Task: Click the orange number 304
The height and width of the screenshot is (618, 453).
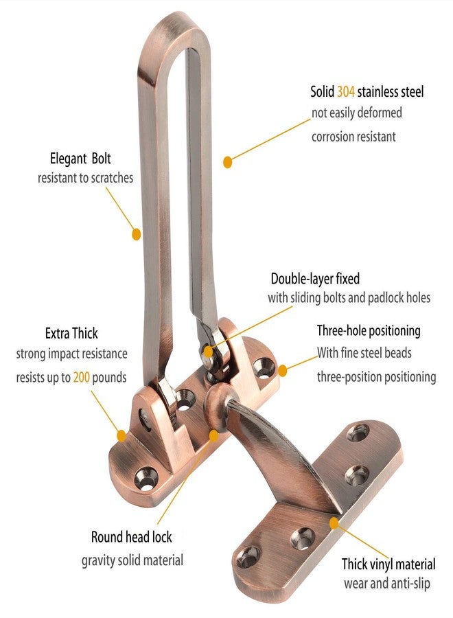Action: coord(346,92)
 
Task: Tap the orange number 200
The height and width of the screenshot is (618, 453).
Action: coord(81,378)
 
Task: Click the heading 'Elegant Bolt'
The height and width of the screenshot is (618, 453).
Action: coord(80,159)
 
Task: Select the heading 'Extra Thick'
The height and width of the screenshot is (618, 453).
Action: coord(71,334)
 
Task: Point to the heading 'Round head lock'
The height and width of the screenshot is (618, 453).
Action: coord(132,537)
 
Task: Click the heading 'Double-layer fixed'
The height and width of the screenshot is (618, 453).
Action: coord(315,279)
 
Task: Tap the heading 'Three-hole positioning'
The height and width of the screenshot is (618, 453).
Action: coord(369,331)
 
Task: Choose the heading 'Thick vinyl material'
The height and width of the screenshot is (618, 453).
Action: coord(388,564)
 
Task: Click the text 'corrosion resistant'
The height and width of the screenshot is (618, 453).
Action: coord(353,137)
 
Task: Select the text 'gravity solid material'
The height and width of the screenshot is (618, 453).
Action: coord(132,560)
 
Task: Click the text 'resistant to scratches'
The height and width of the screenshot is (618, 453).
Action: coord(86,178)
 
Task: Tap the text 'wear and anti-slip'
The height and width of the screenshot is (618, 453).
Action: coord(387,583)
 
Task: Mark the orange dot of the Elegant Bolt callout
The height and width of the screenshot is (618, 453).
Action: coord(136,234)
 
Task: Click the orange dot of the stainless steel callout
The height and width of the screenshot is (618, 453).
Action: coord(227,162)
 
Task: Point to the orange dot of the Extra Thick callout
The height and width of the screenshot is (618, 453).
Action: coord(121,436)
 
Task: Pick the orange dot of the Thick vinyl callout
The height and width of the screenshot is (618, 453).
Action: coord(334,523)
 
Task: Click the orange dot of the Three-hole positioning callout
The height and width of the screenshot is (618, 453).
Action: coord(282,371)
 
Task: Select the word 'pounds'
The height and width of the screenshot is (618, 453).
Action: coord(109,378)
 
